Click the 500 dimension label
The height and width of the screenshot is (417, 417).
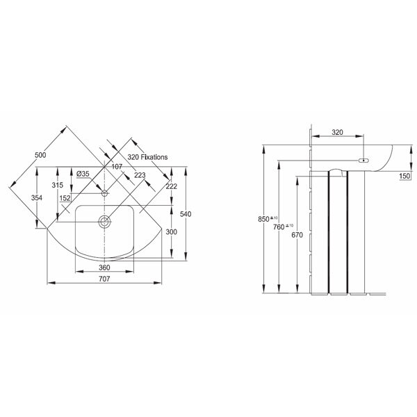pos(40,155)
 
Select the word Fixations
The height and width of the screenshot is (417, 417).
pos(154,157)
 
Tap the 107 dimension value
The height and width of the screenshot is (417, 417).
pos(117,167)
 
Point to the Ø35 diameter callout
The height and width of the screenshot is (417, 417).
pos(83,174)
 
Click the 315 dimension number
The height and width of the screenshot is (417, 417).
pos(58,185)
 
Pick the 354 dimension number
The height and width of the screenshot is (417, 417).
pos(37,197)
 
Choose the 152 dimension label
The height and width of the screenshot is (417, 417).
pos(65,198)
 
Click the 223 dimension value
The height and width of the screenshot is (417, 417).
pos(140,175)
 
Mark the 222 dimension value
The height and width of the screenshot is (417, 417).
pos(171,186)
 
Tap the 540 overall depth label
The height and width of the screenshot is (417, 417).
pos(186,214)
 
